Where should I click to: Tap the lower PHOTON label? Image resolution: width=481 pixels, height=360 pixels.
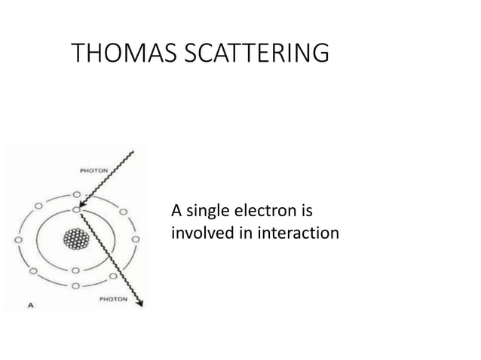114,299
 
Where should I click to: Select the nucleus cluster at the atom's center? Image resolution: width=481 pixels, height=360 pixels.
76,240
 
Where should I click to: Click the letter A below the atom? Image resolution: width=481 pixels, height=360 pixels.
31,305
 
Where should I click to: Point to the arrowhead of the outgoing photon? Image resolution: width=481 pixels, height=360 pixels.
139,304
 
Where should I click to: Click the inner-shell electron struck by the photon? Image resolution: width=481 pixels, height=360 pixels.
76,209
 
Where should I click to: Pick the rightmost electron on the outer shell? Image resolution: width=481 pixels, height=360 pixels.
136,240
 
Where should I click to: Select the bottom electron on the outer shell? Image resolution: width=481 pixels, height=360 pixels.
76,287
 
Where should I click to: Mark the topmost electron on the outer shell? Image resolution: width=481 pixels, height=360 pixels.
76,194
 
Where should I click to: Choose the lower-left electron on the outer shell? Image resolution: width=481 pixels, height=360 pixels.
33,269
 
